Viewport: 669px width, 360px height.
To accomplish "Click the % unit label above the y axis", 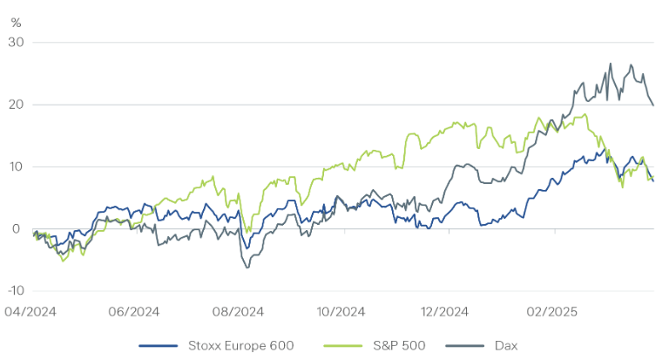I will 15,21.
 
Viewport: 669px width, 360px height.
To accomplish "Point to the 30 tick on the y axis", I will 15,42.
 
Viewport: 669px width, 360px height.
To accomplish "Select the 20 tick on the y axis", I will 15,105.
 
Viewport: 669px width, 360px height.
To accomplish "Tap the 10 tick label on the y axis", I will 15,166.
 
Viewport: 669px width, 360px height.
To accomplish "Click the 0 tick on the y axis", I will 17,229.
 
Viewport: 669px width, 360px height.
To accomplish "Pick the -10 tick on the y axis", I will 13,291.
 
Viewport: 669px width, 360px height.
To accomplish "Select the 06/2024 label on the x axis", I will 135,311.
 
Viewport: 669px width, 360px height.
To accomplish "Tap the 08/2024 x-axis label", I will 238,311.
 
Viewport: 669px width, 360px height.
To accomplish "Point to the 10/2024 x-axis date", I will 340,311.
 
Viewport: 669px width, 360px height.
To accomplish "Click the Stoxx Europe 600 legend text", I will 239,345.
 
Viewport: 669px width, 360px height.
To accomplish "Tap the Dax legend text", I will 505,345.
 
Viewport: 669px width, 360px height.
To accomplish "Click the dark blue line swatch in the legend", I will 159,345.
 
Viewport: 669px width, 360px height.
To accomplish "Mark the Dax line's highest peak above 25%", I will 611,64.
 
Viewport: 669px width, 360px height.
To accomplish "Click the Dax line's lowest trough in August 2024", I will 247,268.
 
